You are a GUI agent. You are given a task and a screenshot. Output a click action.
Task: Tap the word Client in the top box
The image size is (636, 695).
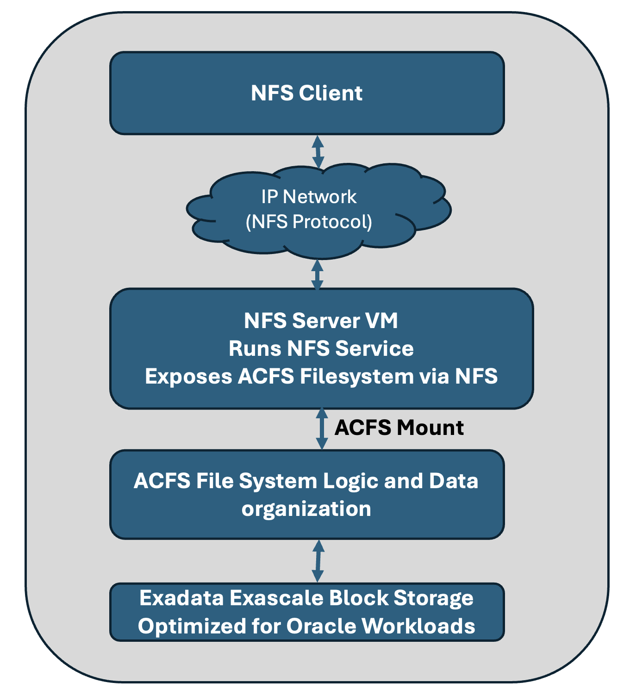(330, 93)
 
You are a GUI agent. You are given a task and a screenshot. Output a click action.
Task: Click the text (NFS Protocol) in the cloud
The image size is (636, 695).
(309, 222)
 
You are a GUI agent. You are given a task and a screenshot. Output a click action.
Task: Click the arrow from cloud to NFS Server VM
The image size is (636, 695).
(317, 275)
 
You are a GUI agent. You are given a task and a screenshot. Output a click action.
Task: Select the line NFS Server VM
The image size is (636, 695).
(321, 321)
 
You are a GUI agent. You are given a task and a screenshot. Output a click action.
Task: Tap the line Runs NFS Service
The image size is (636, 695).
(321, 348)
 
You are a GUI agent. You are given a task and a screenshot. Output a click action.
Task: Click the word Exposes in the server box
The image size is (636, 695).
(188, 376)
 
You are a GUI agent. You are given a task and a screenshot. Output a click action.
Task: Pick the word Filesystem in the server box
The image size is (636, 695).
(356, 376)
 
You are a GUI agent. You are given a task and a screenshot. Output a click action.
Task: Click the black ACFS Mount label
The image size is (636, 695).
(399, 428)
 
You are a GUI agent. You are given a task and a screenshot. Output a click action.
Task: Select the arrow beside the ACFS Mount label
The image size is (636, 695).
(322, 429)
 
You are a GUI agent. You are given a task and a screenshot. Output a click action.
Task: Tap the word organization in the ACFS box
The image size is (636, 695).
(306, 509)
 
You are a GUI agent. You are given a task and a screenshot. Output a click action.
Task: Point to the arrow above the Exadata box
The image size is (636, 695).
(318, 561)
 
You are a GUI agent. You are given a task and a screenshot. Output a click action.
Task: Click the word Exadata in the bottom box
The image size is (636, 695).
(181, 598)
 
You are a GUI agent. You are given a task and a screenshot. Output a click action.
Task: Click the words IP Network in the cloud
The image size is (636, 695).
(309, 197)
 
